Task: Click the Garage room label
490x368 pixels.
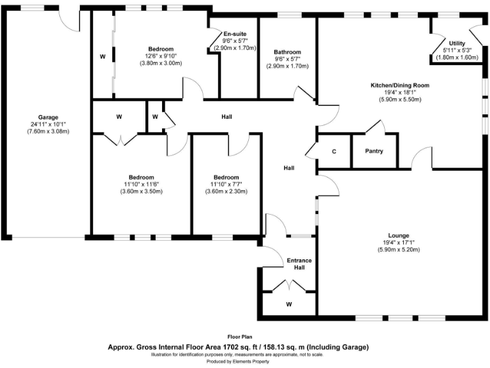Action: tap(48, 117)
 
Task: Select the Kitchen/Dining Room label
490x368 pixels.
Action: tap(400, 85)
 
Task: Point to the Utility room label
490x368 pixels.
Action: tap(457, 43)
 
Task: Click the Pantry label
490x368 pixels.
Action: tap(374, 151)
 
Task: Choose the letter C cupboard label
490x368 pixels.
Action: tap(334, 151)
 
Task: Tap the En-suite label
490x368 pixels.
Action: tap(235, 34)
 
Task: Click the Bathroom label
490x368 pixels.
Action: tap(287, 52)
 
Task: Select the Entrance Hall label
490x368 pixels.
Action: tap(299, 264)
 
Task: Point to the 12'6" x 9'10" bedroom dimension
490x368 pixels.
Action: tap(161, 56)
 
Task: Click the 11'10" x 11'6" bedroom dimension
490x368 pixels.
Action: tap(141, 185)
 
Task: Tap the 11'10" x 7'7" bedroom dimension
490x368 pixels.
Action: tap(226, 185)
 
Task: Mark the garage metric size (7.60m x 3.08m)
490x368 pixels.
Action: tap(48, 131)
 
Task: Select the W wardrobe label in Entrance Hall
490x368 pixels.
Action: tap(289, 304)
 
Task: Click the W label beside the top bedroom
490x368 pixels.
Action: tap(102, 57)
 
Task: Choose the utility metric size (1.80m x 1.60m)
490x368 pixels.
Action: tap(457, 57)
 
